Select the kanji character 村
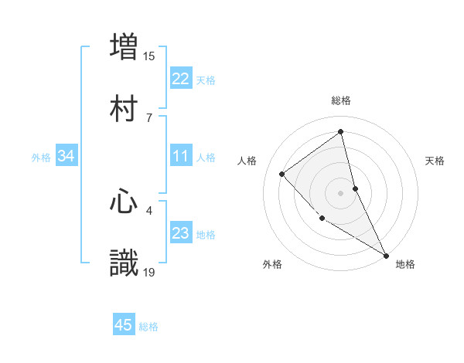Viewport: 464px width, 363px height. (x=124, y=109)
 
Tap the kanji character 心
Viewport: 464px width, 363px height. (x=124, y=202)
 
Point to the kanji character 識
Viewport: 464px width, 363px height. (x=124, y=263)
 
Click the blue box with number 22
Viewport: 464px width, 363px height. (x=180, y=79)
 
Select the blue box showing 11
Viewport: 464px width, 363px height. (x=180, y=156)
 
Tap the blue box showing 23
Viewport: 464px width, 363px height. (x=180, y=233)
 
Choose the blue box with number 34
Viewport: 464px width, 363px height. (x=67, y=156)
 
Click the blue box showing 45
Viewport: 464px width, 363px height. (x=124, y=325)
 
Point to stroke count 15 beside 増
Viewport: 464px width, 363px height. (x=148, y=56)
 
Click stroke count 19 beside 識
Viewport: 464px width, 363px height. (x=149, y=272)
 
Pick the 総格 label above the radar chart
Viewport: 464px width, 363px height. (x=341, y=100)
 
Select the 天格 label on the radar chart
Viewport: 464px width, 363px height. (x=435, y=161)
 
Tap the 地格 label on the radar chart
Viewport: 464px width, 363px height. (x=405, y=264)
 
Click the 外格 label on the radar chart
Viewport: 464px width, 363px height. (x=272, y=264)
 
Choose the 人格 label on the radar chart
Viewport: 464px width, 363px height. (x=247, y=161)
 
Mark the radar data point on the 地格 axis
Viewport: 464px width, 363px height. (x=386, y=254)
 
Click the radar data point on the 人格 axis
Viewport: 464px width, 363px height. (x=282, y=174)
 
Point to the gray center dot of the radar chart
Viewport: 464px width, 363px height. (x=340, y=192)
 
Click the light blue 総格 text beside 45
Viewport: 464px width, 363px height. (x=148, y=327)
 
